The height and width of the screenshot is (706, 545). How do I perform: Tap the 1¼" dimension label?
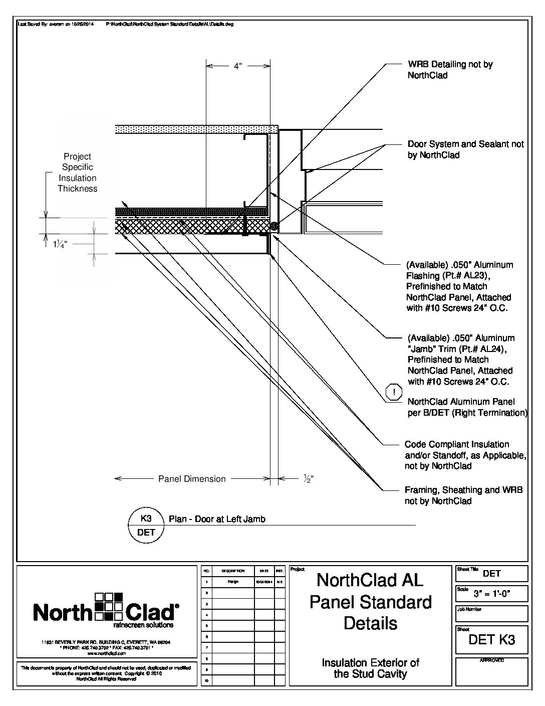[60, 244]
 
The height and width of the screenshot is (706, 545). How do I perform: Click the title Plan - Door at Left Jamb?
[217, 519]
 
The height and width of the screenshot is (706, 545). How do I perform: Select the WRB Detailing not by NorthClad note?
[450, 70]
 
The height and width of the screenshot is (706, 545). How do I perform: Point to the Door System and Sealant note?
[465, 149]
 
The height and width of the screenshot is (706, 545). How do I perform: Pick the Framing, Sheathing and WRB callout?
[463, 495]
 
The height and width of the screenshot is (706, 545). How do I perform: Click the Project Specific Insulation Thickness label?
[77, 172]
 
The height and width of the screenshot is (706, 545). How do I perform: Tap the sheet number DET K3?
[491, 639]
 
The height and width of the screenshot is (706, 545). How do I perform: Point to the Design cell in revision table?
[233, 582]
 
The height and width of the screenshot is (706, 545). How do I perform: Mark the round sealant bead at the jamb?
[274, 227]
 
